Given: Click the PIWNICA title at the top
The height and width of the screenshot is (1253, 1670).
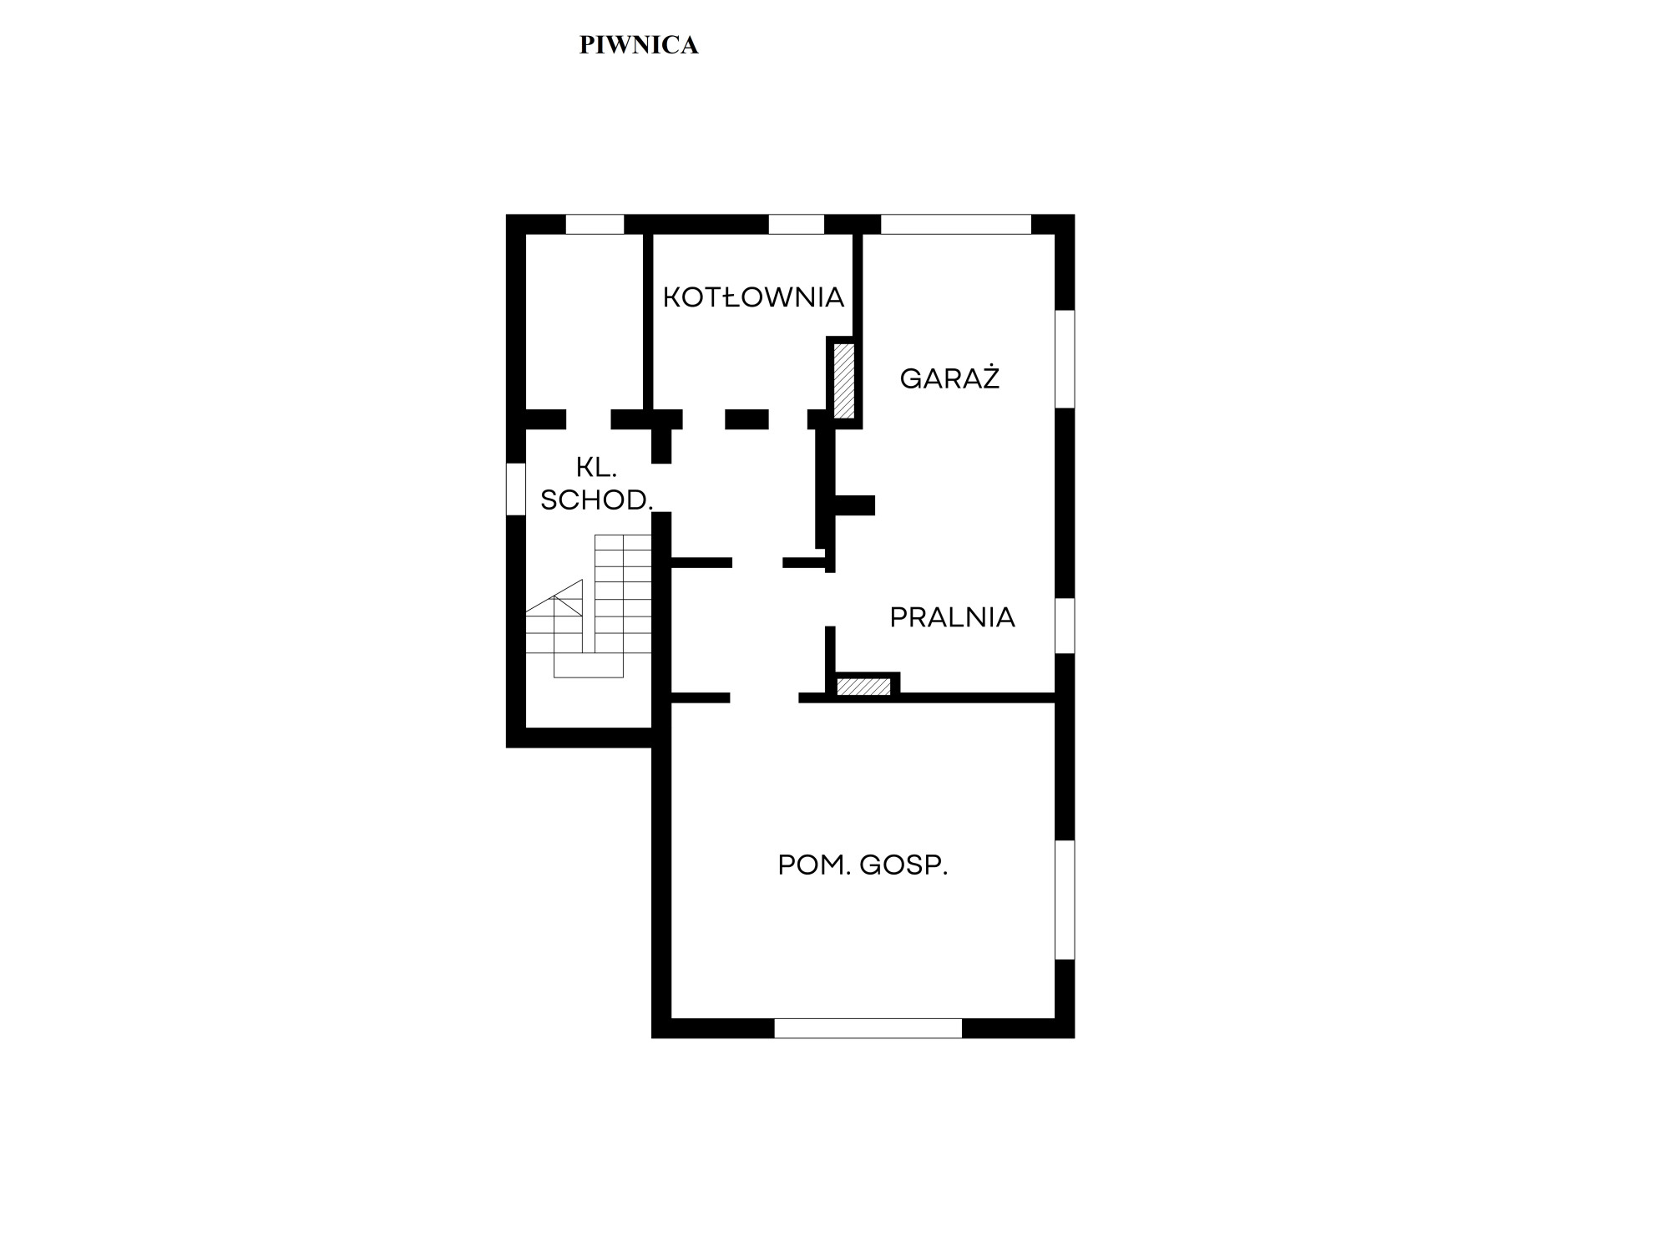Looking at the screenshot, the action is [x=639, y=45].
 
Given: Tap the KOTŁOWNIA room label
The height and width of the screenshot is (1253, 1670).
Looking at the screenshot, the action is [x=753, y=297].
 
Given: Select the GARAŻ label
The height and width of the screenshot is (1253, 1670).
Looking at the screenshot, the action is [x=949, y=378].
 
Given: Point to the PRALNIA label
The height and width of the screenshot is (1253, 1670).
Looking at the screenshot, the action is [x=952, y=617].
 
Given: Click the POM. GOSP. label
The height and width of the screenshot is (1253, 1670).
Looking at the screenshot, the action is [x=863, y=865].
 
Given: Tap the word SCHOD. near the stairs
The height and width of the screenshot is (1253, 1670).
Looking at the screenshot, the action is [x=596, y=500].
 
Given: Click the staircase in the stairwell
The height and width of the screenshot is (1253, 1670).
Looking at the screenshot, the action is [x=589, y=606].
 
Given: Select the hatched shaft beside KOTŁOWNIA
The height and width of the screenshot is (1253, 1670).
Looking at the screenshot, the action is [x=844, y=380].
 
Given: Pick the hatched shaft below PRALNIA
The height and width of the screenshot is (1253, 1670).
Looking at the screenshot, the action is [x=864, y=687].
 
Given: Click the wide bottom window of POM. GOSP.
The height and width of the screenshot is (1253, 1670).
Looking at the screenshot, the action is [x=868, y=1028].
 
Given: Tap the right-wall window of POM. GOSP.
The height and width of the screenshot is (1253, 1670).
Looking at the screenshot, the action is [x=1065, y=900].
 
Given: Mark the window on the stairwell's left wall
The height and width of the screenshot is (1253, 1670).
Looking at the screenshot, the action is [x=516, y=489].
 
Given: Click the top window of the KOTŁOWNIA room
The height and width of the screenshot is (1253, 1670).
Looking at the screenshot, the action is [x=796, y=224].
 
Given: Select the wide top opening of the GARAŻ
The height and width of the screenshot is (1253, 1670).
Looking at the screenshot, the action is [x=956, y=224].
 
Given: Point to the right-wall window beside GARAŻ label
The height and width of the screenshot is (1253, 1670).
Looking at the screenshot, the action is [x=1065, y=359].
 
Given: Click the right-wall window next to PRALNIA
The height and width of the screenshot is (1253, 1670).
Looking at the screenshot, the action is [x=1065, y=626].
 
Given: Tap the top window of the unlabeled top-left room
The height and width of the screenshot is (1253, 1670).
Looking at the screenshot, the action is [x=595, y=224].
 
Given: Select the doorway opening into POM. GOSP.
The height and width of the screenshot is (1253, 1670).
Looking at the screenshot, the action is [x=764, y=698].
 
